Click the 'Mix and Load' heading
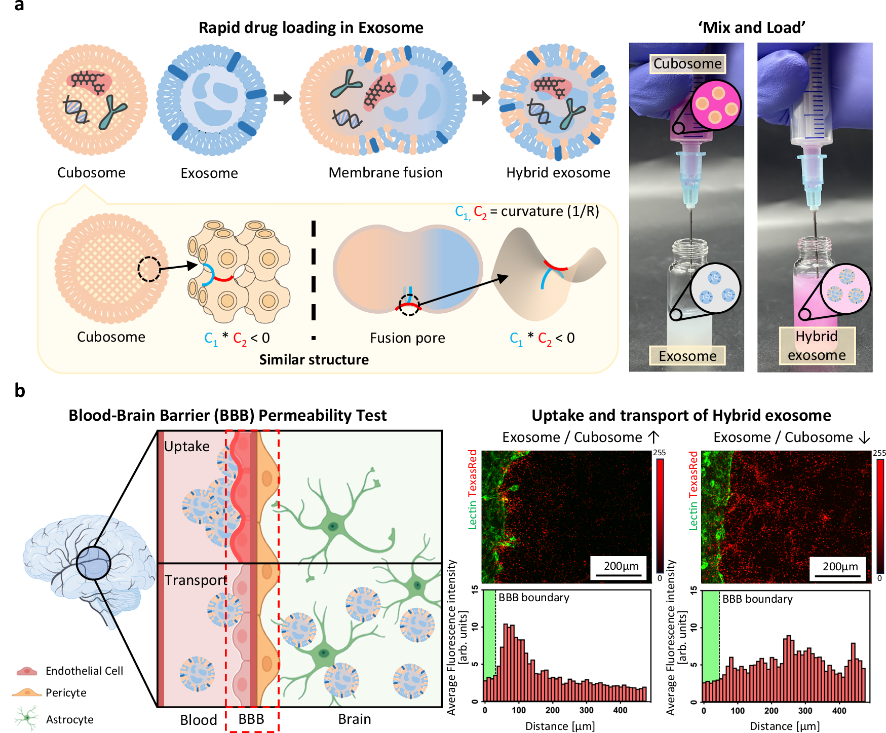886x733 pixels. pyautogui.click(x=751, y=27)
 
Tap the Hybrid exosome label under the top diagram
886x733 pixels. pyautogui.click(x=558, y=173)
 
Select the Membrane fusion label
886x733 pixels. pyautogui.click(x=386, y=173)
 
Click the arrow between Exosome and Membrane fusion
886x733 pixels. pyautogui.click(x=283, y=97)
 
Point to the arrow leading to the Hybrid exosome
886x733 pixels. pyautogui.click(x=481, y=97)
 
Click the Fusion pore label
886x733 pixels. pyautogui.click(x=407, y=338)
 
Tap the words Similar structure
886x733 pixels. pyautogui.click(x=314, y=359)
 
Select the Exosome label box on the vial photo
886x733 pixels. pyautogui.click(x=687, y=356)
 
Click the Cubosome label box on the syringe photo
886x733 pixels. pyautogui.click(x=687, y=64)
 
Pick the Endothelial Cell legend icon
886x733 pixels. pyautogui.click(x=27, y=671)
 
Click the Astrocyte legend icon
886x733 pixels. pyautogui.click(x=27, y=718)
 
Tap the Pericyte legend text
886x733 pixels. pyautogui.click(x=66, y=693)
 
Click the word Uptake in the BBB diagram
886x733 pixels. pyautogui.click(x=186, y=447)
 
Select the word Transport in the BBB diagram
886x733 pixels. pyautogui.click(x=196, y=580)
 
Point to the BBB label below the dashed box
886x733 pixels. pyautogui.click(x=251, y=719)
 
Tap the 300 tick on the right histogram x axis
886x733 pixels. pyautogui.click(x=805, y=711)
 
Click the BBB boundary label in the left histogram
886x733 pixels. pyautogui.click(x=534, y=598)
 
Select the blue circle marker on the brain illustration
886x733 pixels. pyautogui.click(x=94, y=563)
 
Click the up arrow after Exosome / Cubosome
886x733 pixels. pyautogui.click(x=653, y=437)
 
